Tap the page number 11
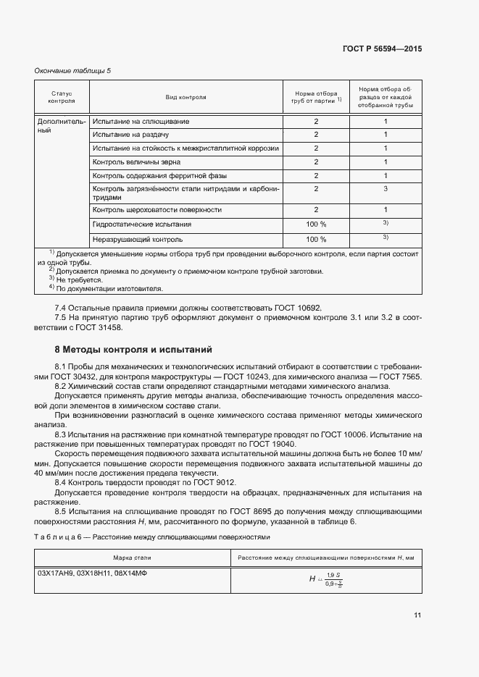click(x=417, y=615)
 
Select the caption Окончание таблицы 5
click(x=73, y=70)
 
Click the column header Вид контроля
click(x=186, y=96)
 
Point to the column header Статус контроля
click(x=62, y=96)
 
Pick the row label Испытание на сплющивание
click(x=141, y=122)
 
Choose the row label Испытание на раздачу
click(x=130, y=135)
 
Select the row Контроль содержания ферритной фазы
click(x=159, y=176)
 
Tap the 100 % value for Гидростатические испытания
click(x=316, y=224)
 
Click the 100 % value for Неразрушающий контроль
click(x=316, y=239)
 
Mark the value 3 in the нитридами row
click(x=386, y=189)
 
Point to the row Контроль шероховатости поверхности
click(x=157, y=210)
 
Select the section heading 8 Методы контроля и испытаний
click(x=133, y=350)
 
